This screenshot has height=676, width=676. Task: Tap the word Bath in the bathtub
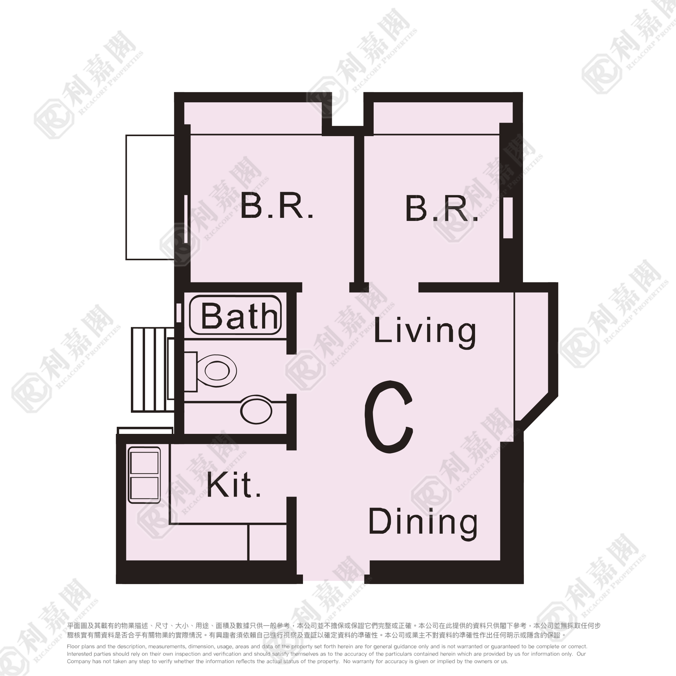point(240,316)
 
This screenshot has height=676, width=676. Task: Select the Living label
point(425,332)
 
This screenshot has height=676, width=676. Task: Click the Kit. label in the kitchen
point(234,485)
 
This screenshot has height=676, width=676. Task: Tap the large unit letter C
point(389,417)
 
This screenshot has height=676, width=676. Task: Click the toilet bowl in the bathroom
point(217,371)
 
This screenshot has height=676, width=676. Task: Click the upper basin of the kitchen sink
point(144,462)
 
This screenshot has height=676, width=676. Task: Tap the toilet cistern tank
point(190,371)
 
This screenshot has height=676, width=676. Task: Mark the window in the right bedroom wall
point(508,218)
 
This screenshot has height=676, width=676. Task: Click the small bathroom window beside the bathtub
point(179,313)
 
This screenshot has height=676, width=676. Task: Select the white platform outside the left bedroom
point(150,197)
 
